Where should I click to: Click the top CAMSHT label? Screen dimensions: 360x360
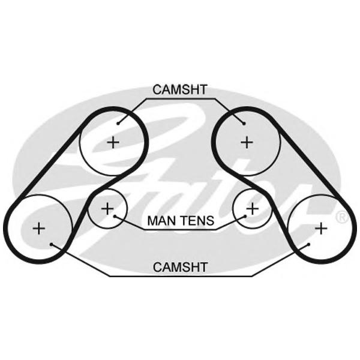tap(179, 90)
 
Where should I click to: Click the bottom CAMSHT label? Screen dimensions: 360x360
tap(180, 268)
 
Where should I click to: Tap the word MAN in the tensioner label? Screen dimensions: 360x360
tap(159, 221)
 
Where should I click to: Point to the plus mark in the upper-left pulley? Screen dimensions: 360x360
tap(113, 142)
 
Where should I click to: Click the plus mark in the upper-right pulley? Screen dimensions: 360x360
tap(247, 142)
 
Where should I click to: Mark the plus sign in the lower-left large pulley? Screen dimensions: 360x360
tap(38, 228)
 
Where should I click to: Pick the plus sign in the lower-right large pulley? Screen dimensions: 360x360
tap(321, 228)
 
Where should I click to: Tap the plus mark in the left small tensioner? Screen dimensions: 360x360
tap(107, 209)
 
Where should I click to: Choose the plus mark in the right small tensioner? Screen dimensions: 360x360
tap(253, 209)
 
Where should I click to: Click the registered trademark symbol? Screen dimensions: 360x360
tap(342, 217)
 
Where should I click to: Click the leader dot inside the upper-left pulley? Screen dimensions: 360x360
tap(119, 124)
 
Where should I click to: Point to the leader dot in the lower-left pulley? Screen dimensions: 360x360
tap(52, 244)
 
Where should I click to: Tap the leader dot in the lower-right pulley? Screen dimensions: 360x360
tap(308, 244)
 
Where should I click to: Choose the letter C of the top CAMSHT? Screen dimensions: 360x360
tap(157, 90)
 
